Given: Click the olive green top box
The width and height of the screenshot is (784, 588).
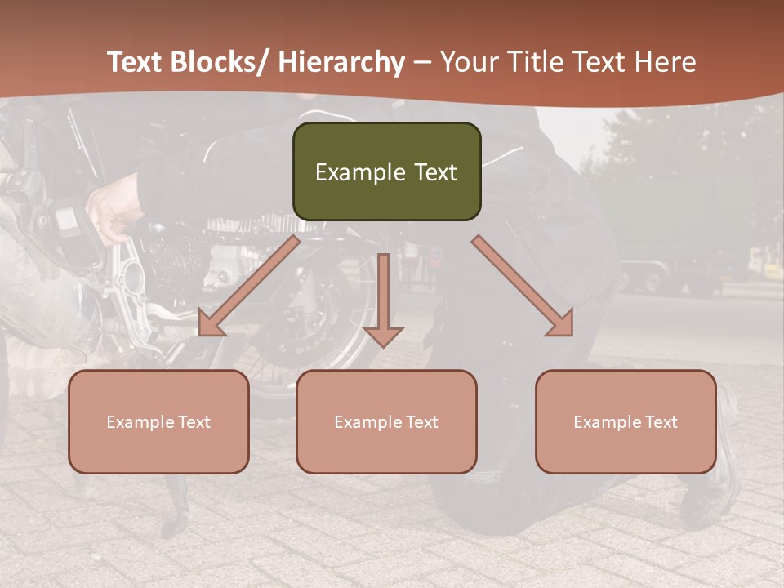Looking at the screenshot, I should [x=387, y=171].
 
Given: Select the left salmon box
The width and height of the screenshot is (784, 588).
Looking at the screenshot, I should [x=158, y=421].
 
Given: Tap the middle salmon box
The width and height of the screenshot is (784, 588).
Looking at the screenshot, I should [x=386, y=421].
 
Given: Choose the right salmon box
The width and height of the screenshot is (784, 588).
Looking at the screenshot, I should [x=626, y=421].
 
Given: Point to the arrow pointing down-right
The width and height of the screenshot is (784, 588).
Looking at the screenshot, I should [x=523, y=287].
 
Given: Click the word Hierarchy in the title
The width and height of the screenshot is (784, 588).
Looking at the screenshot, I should [x=342, y=62].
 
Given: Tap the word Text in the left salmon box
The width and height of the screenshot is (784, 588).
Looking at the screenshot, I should [x=194, y=422].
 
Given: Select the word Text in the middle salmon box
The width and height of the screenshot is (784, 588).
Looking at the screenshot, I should [x=421, y=422].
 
